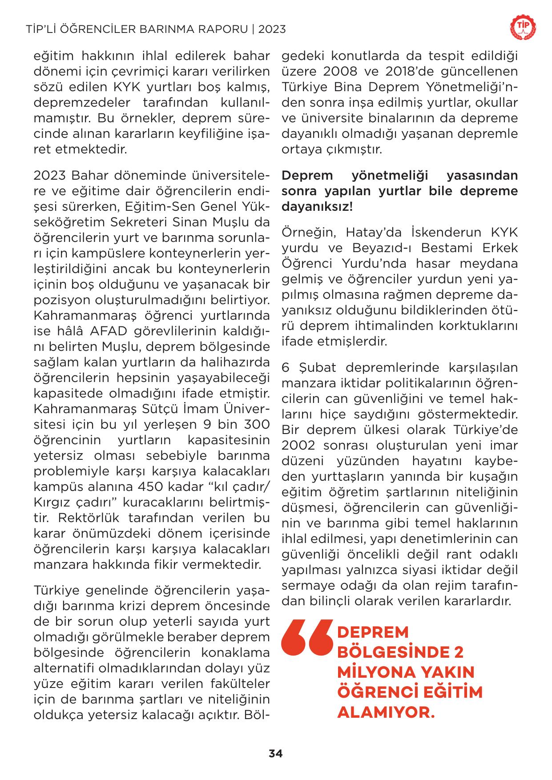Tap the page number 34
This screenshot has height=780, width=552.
[x=275, y=753]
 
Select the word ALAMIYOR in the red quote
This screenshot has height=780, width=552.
[x=385, y=713]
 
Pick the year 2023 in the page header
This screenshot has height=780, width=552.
[x=272, y=29]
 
